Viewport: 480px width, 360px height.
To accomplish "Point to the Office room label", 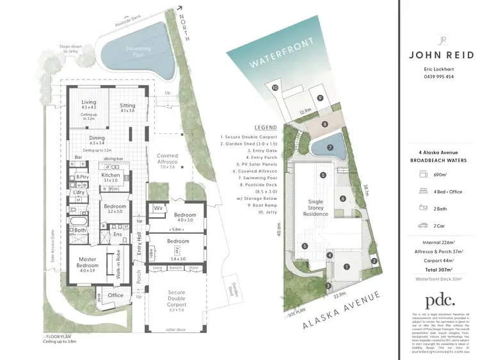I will [115, 295].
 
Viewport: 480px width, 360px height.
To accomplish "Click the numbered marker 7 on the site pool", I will [330, 147].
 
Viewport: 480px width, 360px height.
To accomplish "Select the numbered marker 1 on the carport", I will [346, 266].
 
